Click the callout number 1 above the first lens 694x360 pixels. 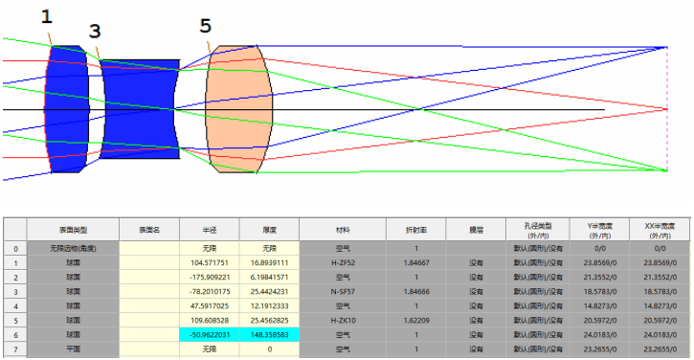[x=48, y=16]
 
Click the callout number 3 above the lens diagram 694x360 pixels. [x=94, y=31]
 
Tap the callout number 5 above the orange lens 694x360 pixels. [x=206, y=25]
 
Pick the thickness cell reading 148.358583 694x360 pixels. [x=269, y=333]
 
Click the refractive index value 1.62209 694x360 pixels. [x=415, y=319]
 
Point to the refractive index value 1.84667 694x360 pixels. [x=415, y=261]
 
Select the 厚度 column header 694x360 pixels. [x=269, y=230]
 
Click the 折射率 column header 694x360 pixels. [x=415, y=230]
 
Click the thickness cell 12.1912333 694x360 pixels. [x=269, y=304]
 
